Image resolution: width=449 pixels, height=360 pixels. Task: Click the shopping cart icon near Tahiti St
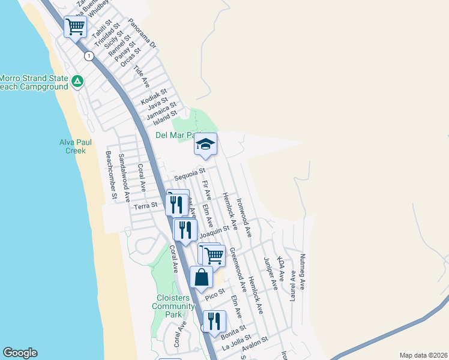click(75, 26)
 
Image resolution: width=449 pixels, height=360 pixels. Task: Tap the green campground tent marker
click(77, 81)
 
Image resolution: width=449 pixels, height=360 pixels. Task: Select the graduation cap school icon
click(205, 144)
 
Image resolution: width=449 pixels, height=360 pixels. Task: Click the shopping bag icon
click(201, 277)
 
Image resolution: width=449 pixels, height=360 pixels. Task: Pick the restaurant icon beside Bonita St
click(214, 321)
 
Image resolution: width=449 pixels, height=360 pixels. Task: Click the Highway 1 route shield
click(89, 56)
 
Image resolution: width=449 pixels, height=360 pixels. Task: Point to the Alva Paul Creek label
click(72, 146)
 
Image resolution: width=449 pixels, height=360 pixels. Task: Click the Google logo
click(20, 353)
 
